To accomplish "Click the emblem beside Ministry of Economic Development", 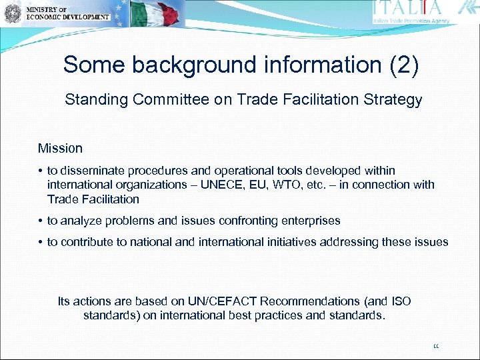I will (12, 13).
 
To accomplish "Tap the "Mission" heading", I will (60, 148).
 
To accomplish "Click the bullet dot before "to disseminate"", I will (41, 171).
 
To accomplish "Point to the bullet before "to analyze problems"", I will (41, 221).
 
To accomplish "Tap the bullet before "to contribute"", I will (41, 242).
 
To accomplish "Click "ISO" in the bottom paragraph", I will (400, 301).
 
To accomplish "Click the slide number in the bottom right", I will (437, 346).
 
